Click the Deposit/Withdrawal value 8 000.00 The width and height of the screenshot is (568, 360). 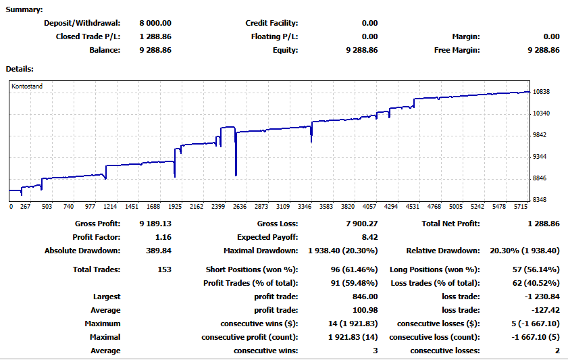click(x=155, y=23)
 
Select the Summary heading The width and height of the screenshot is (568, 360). click(x=24, y=9)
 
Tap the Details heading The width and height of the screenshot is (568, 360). click(x=20, y=68)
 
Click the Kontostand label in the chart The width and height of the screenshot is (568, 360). click(x=27, y=86)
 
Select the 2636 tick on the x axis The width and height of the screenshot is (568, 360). click(x=240, y=207)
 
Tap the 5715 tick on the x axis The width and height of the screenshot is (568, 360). click(x=520, y=207)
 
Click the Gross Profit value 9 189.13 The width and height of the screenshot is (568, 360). click(x=155, y=224)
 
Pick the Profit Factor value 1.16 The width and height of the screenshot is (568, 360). click(x=163, y=237)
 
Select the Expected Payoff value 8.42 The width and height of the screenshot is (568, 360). click(x=369, y=237)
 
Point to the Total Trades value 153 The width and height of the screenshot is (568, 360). click(x=164, y=269)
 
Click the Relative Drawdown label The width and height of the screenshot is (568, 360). click(x=442, y=251)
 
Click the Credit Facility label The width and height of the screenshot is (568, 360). click(x=272, y=23)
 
